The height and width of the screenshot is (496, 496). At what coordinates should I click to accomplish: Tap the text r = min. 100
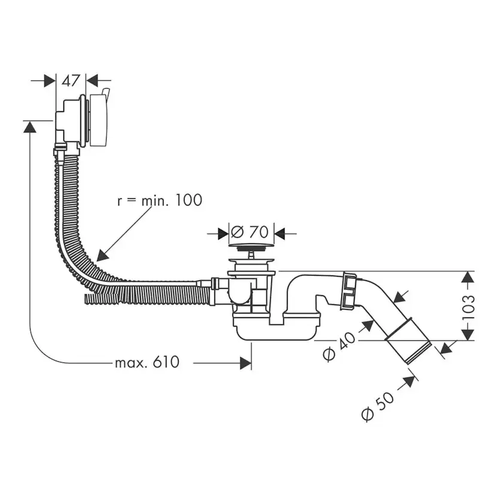coord(159,200)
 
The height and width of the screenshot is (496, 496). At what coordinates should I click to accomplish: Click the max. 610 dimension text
coord(147,362)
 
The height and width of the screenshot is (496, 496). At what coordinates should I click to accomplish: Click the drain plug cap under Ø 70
coord(250,246)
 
